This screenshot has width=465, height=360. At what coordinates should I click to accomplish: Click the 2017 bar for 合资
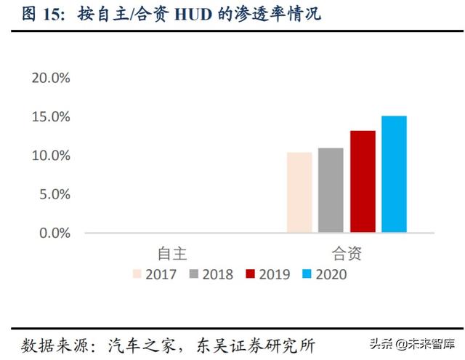[299, 193]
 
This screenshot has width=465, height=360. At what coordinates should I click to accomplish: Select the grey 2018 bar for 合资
[331, 191]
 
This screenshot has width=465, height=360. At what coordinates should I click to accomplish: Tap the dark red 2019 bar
[362, 182]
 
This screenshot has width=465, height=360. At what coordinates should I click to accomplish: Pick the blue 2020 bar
[394, 175]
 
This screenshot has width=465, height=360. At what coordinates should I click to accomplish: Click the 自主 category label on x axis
[173, 253]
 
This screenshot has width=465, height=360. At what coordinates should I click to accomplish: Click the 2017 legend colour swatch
[137, 274]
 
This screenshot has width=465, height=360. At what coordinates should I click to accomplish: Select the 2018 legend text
[218, 274]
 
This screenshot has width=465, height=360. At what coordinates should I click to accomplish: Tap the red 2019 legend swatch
[251, 274]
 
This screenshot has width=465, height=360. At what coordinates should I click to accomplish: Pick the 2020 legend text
[332, 274]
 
